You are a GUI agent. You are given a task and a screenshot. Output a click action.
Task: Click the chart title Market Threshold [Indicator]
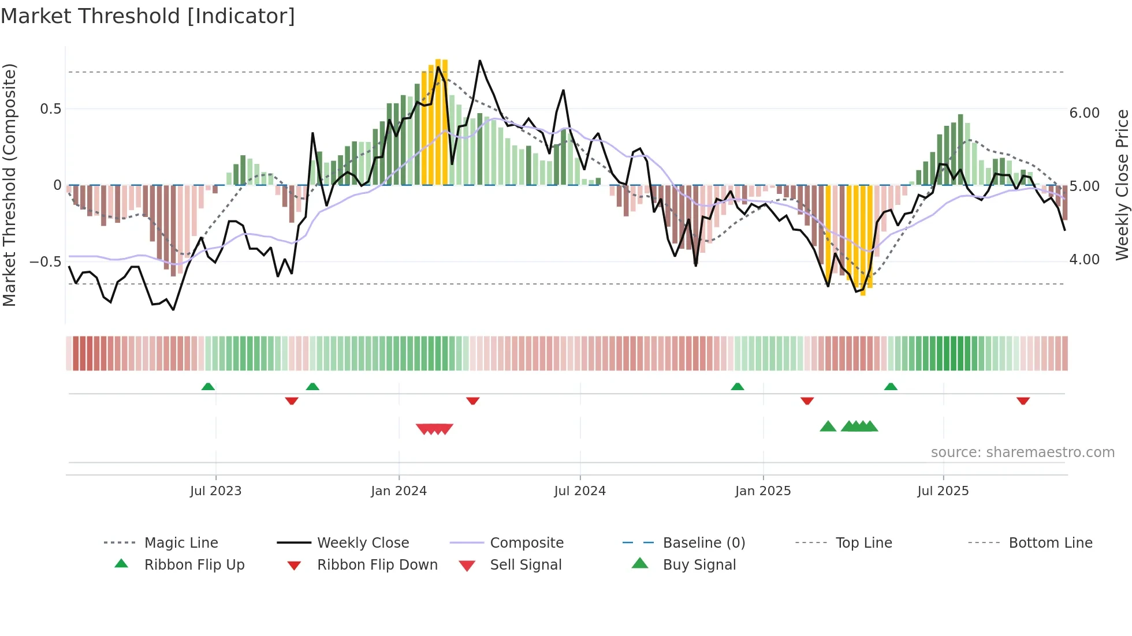pos(148,16)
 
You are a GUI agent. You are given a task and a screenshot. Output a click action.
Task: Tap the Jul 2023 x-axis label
pos(215,491)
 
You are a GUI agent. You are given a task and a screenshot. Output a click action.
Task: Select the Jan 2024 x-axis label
pos(399,491)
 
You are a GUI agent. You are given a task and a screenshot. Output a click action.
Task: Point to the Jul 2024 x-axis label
pos(580,491)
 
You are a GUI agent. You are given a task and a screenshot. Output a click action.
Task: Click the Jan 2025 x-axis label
pos(763,491)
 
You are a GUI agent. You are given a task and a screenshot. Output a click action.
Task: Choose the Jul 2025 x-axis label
pos(943,491)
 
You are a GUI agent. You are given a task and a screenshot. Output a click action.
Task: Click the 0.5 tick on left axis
pos(51,109)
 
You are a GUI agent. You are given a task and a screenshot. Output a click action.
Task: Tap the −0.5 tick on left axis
pos(46,262)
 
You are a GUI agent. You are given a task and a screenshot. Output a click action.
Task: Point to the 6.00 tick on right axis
pos(1084,113)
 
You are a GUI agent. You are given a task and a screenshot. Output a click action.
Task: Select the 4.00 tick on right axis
pos(1084,260)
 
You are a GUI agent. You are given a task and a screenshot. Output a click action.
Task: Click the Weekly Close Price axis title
pos(1122,185)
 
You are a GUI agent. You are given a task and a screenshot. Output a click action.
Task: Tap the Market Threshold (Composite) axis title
pos(9,185)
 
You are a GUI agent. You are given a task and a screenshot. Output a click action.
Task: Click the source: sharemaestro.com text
pos(1022,452)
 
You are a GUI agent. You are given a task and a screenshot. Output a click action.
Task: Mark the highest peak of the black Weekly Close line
pos(480,61)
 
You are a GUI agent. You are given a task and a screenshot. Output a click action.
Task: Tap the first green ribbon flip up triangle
pos(208,387)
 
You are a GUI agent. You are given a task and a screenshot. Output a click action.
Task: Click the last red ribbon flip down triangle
pos(1023,401)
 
